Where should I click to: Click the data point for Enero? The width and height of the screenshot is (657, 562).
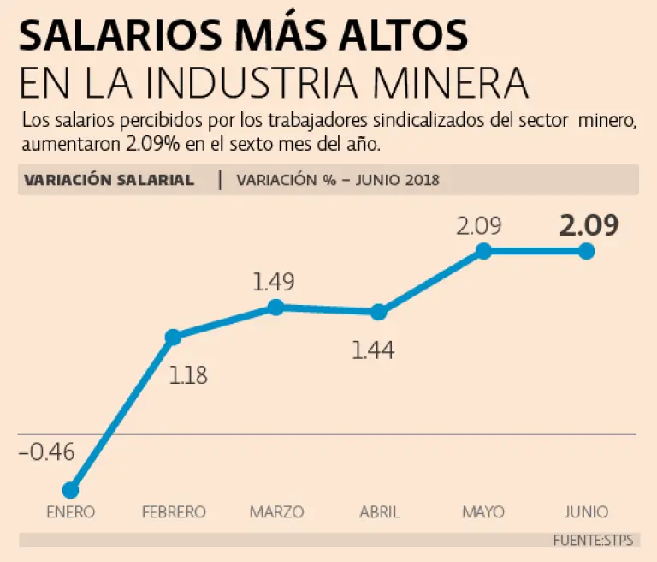point(71,490)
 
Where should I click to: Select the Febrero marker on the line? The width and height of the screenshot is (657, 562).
point(173,337)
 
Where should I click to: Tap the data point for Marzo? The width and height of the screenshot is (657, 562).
point(275,307)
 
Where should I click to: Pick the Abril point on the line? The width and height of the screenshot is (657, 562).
point(379,312)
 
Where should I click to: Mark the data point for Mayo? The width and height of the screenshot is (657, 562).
point(483,251)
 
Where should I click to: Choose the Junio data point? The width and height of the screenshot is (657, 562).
point(586,251)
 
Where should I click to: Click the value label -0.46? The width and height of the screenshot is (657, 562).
point(46,451)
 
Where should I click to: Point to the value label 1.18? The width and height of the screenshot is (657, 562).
point(188,374)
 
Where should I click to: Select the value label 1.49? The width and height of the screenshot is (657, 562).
point(274,282)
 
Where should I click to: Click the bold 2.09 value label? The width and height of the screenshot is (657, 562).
point(589,225)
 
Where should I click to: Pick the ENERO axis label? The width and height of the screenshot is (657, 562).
point(71,512)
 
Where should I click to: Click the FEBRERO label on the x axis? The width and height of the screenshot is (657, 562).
point(174,512)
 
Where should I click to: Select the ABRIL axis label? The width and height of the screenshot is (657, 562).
point(380,512)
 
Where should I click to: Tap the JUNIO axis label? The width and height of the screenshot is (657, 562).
point(586,512)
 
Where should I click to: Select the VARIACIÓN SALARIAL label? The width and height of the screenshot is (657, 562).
point(109,180)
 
